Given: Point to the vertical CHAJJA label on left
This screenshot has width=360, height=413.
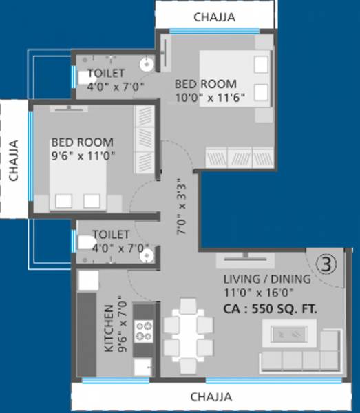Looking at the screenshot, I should click(x=14, y=160).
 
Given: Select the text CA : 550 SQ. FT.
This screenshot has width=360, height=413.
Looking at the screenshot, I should click(x=270, y=309).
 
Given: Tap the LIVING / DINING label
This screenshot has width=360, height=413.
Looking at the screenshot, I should click(x=267, y=279).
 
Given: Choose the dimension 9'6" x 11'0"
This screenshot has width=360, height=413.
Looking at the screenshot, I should click(x=83, y=156).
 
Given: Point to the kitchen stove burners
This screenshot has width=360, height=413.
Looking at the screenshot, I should click(x=145, y=331).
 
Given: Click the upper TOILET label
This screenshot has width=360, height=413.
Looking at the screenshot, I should click(x=107, y=72).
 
